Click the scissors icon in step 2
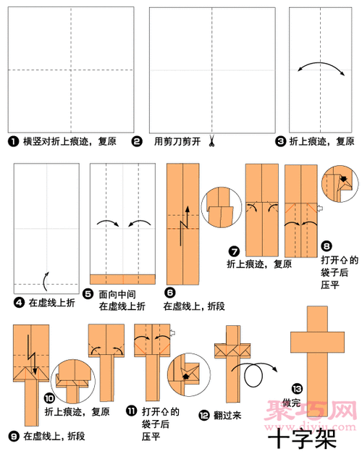click(214, 140)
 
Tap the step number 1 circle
click(12, 141)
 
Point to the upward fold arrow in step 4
click(47, 279)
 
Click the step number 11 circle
click(130, 411)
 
